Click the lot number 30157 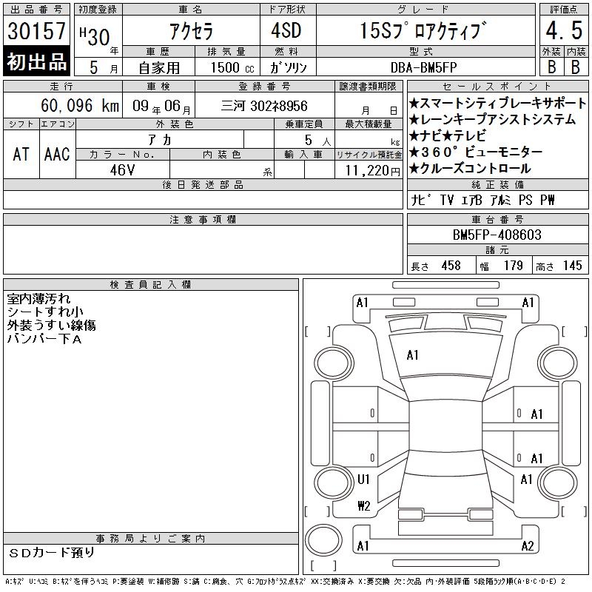[x=36, y=30]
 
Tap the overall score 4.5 [x=564, y=30]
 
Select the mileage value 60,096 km [x=80, y=105]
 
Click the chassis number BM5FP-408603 [x=497, y=235]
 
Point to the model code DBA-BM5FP [x=423, y=67]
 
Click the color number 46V [x=122, y=170]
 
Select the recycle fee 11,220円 [x=373, y=171]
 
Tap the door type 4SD [x=286, y=30]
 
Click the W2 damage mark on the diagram [x=364, y=506]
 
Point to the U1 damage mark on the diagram [x=363, y=480]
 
